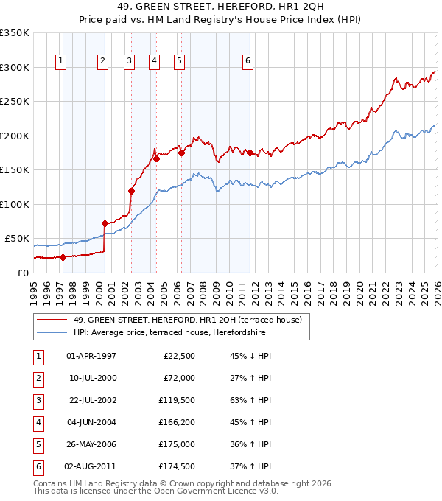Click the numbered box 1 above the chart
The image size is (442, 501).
tap(60, 61)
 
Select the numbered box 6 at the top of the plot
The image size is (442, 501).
tap(248, 61)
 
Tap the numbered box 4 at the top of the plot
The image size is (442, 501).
tap(154, 61)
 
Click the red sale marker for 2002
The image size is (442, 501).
tap(132, 191)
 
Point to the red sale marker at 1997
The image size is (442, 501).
tap(63, 257)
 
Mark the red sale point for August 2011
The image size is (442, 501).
tap(250, 153)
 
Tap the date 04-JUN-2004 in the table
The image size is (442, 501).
tap(91, 423)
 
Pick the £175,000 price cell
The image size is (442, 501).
tap(176, 444)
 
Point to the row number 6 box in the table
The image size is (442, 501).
tap(37, 466)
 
